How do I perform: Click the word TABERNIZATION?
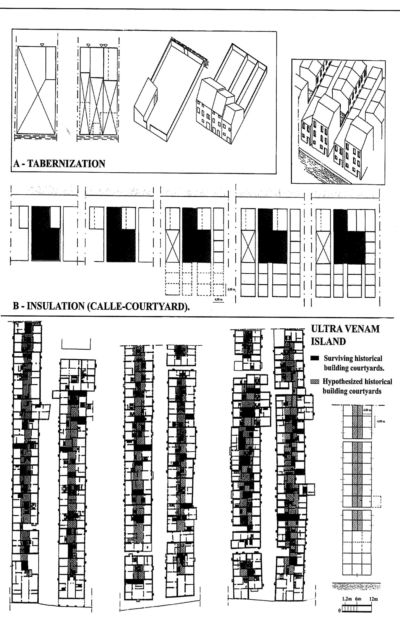[66, 164]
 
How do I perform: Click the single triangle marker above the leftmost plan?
[42, 45]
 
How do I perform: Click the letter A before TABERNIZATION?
[17, 164]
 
